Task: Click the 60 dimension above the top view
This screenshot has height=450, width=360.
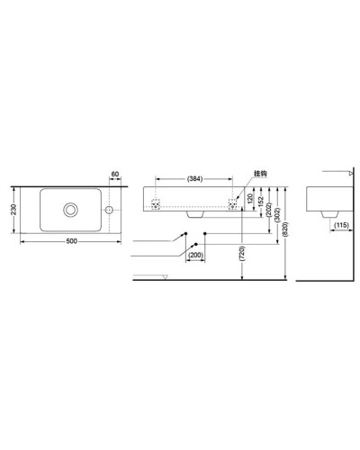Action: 115,175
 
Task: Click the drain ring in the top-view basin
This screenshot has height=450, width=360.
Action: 68,210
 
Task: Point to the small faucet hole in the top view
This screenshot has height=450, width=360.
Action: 109,210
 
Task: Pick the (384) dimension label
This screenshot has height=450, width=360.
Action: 195,179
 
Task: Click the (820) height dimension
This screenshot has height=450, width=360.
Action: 287,231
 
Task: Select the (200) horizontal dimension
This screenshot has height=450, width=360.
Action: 195,255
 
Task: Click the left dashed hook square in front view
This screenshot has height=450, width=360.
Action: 157,204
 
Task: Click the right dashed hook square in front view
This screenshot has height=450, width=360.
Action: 235,204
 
